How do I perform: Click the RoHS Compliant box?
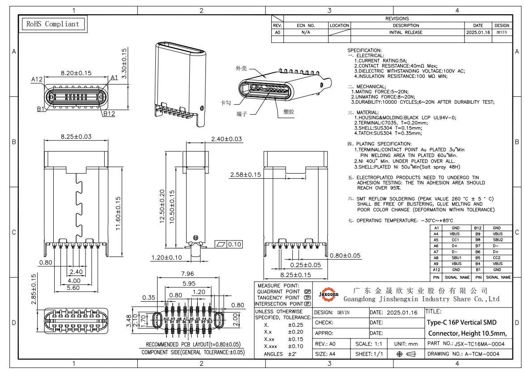[53, 24]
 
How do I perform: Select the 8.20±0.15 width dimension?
[76, 73]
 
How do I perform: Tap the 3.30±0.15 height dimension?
[124, 64]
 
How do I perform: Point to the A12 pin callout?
[37, 79]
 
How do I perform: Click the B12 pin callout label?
[109, 114]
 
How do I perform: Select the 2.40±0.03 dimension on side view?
[226, 139]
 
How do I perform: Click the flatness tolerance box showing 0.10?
[229, 244]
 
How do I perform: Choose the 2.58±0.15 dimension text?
[245, 175]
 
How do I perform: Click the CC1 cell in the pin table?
[456, 240]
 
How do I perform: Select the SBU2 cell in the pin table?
[498, 240]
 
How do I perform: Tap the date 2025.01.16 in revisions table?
[478, 32]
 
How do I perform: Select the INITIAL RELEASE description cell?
[405, 32]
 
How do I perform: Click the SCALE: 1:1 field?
[369, 344]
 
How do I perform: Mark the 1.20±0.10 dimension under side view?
[166, 257]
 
